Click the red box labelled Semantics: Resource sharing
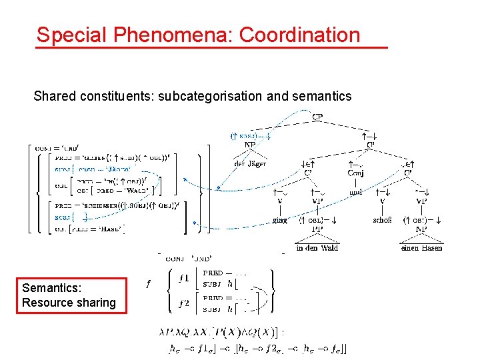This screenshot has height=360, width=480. click(x=69, y=295)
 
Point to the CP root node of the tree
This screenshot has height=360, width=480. click(x=319, y=118)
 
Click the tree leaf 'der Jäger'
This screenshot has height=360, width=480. click(x=251, y=163)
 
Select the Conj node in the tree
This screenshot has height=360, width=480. click(x=356, y=173)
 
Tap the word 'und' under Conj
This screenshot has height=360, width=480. click(x=355, y=193)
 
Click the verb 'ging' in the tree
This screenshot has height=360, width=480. click(x=281, y=219)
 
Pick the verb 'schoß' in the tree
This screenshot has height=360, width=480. click(x=382, y=219)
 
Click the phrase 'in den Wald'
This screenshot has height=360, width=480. click(x=317, y=248)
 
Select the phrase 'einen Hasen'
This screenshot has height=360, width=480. click(x=421, y=248)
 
